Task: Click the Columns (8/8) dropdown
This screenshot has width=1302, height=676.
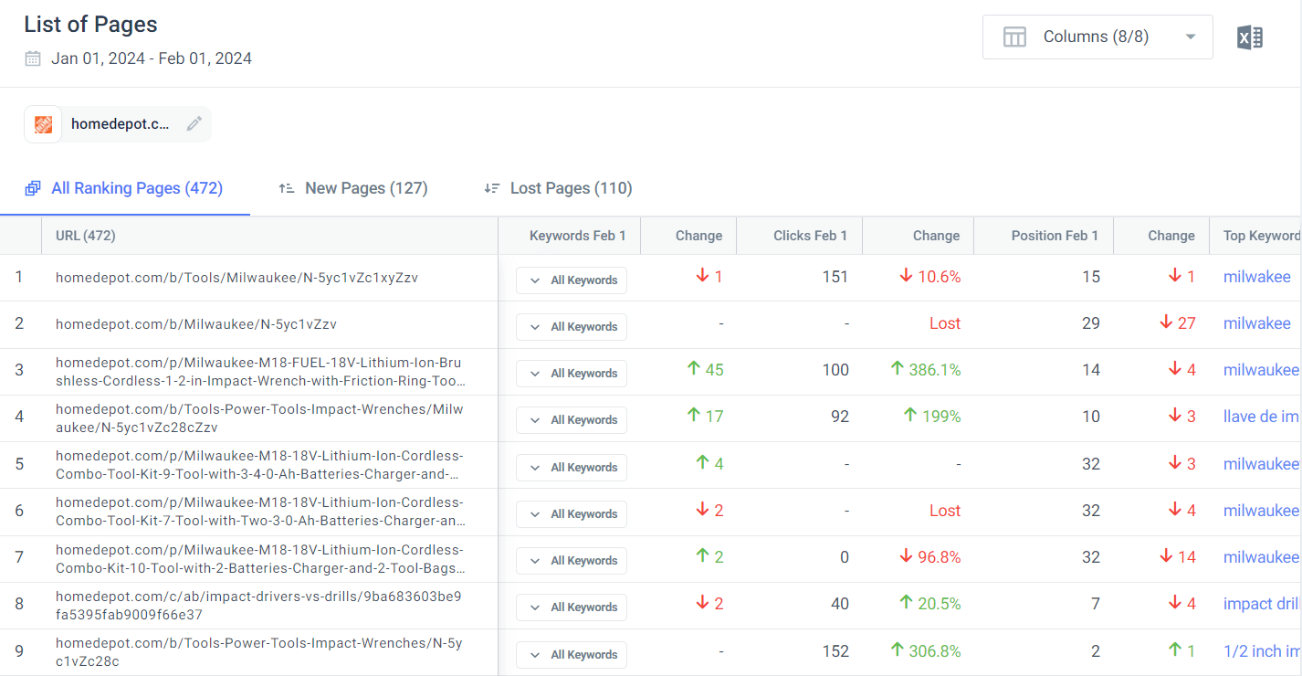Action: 1097,37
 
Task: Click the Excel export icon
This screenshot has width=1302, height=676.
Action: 1249,37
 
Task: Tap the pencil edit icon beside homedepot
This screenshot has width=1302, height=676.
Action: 194,124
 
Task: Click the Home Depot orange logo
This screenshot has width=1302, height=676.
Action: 43,124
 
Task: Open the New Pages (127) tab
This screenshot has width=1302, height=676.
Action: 353,188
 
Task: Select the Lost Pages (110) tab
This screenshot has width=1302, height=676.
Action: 558,188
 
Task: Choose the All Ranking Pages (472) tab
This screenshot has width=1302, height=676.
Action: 124,188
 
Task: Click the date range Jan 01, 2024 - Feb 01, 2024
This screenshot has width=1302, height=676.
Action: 151,58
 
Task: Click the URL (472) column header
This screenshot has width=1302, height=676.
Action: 86,236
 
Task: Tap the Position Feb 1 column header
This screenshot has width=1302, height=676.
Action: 1055,236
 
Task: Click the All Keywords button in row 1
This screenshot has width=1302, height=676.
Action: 572,280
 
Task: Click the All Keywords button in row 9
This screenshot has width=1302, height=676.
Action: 572,654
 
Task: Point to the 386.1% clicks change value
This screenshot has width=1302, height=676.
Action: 926,370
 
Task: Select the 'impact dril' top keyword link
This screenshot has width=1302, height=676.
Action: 1260,604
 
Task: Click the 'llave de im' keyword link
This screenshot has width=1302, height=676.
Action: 1260,417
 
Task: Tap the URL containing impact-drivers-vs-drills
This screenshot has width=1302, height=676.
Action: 259,606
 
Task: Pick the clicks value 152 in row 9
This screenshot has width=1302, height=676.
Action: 835,651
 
